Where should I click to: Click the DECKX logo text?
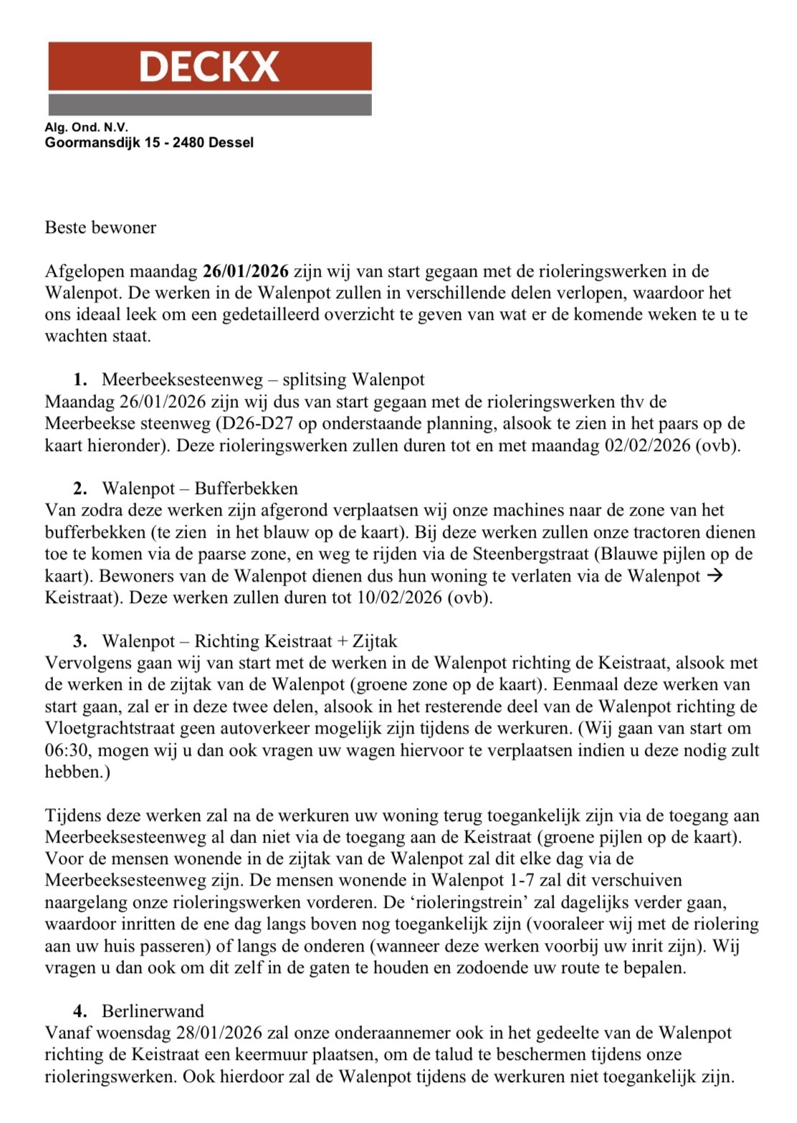click(x=209, y=67)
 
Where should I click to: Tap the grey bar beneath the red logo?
click(x=209, y=104)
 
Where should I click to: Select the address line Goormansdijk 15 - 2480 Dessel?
click(x=149, y=142)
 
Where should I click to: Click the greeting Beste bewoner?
click(x=100, y=228)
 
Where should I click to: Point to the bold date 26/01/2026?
click(x=246, y=272)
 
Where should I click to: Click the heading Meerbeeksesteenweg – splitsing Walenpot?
click(x=263, y=379)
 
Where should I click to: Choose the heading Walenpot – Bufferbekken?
click(x=200, y=489)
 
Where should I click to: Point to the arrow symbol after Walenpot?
click(x=714, y=576)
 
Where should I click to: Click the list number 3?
click(x=80, y=641)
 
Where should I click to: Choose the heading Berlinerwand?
click(x=153, y=1011)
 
